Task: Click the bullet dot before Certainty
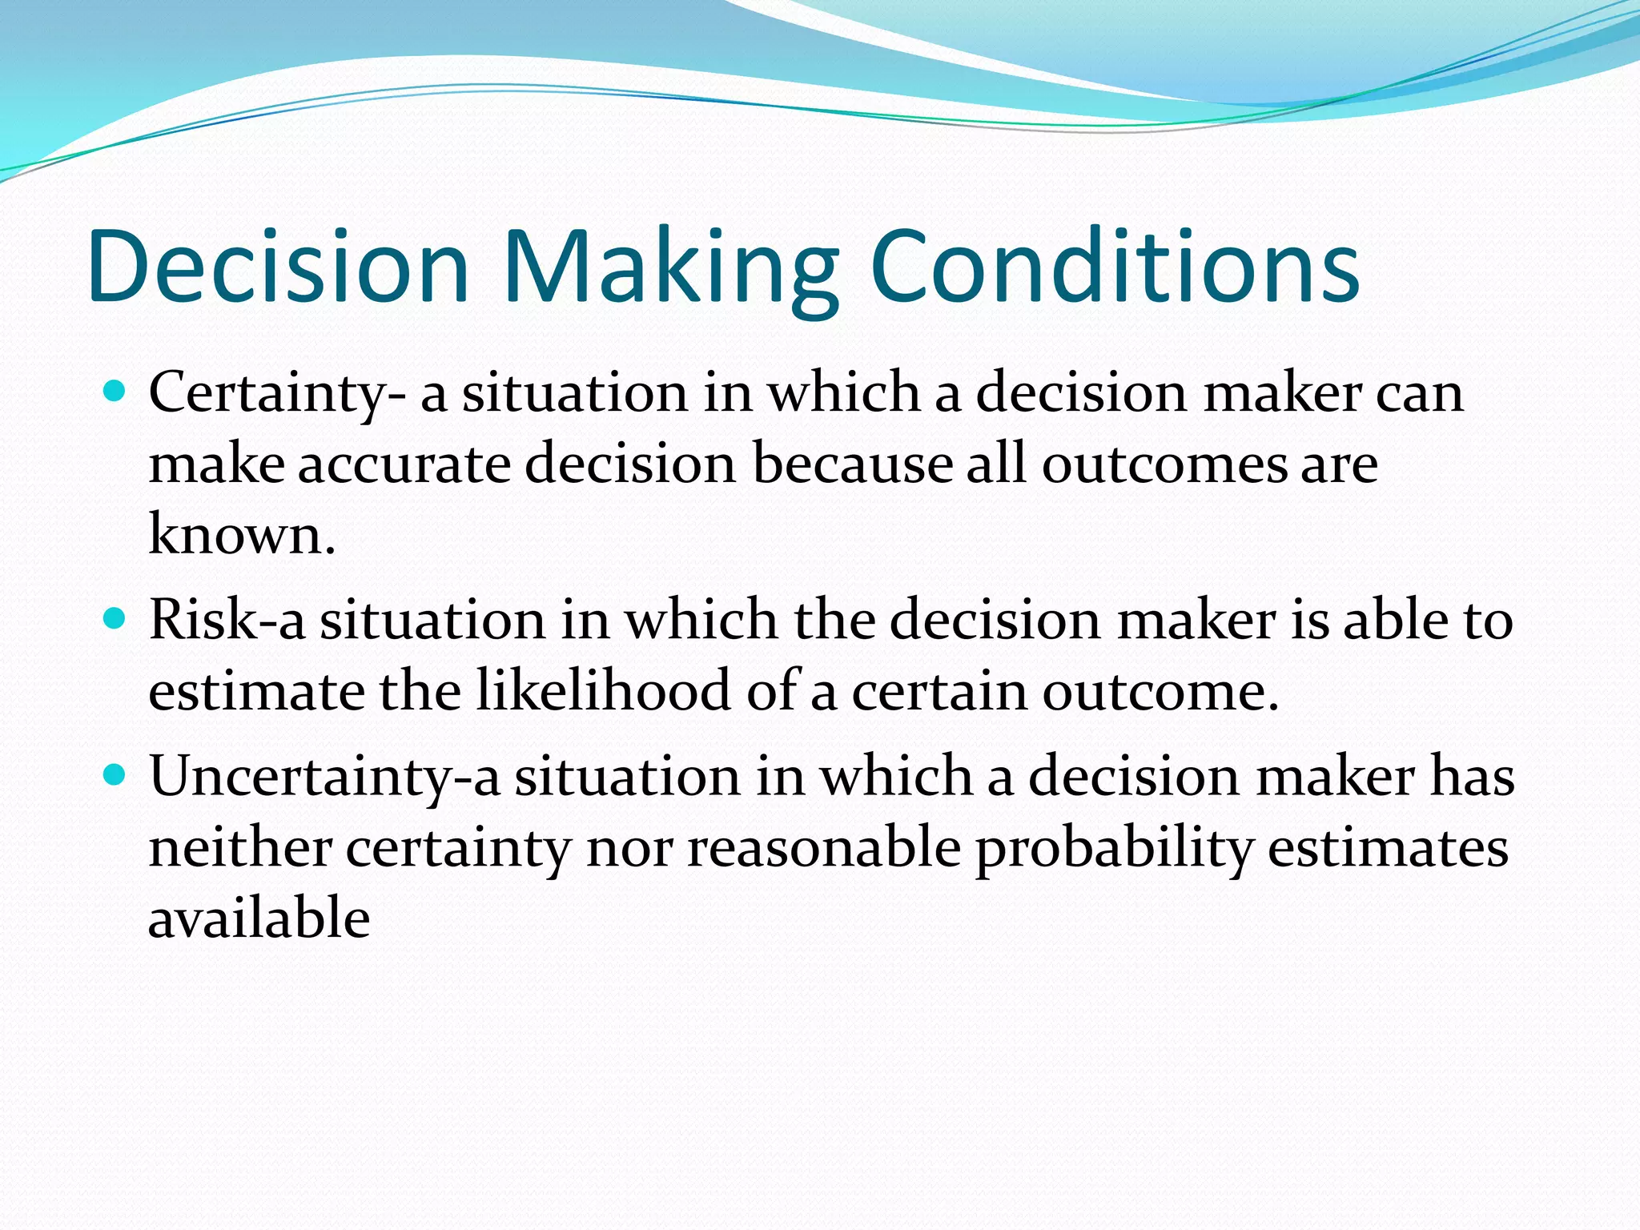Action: coord(116,392)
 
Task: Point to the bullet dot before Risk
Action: coord(116,619)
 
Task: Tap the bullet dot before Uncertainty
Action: coord(116,775)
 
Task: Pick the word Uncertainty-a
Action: coord(324,777)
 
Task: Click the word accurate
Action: coord(404,464)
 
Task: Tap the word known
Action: coord(241,535)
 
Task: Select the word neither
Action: coord(240,847)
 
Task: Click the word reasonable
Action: coord(824,847)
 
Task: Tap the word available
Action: coord(259,918)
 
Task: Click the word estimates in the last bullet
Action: coord(1389,847)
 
